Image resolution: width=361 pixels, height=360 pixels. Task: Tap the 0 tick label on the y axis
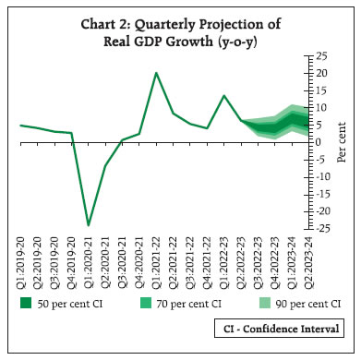click(312, 142)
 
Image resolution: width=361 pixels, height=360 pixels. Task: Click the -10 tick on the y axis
click(317, 177)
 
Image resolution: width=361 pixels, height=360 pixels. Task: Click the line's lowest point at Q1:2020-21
click(89, 225)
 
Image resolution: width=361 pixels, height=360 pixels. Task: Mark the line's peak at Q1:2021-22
click(156, 73)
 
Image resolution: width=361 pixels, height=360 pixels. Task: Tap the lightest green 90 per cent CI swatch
click(261, 302)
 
